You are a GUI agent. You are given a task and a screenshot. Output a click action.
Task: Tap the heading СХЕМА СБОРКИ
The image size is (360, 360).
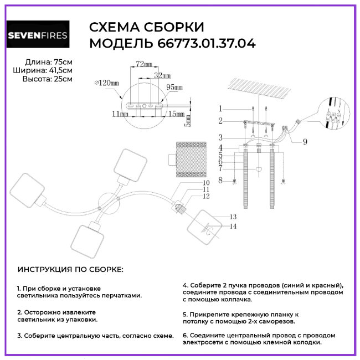pyautogui.click(x=146, y=27)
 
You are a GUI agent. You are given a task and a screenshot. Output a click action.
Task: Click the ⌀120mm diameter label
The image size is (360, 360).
pyautogui.click(x=106, y=83)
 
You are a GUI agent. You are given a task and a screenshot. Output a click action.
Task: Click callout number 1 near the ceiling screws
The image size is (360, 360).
pyautogui.click(x=220, y=109)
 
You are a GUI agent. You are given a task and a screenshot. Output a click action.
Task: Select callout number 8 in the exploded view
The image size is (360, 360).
pyautogui.click(x=220, y=180)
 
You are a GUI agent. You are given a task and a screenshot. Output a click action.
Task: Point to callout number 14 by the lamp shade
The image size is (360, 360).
pyautogui.click(x=233, y=226)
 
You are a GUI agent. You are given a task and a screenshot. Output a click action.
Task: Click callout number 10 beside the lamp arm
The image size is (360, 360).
pyautogui.click(x=191, y=183)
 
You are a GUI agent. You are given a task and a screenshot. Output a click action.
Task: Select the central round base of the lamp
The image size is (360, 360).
pyautogui.click(x=108, y=204)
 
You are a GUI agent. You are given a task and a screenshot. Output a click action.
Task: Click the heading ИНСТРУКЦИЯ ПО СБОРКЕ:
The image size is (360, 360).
pyautogui.click(x=71, y=269)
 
